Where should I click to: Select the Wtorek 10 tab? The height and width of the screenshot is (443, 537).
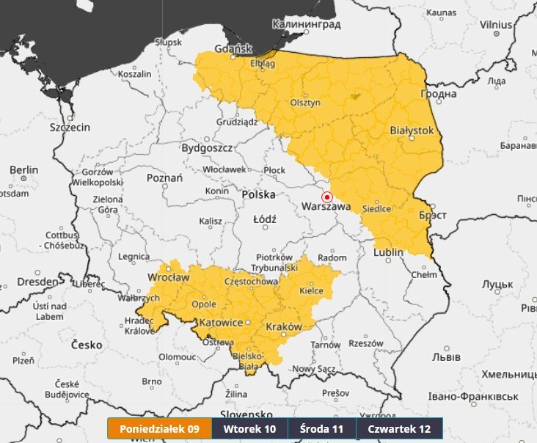249,429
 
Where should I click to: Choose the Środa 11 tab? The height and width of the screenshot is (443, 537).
322,429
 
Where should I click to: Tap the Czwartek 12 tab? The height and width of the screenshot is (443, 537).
399,429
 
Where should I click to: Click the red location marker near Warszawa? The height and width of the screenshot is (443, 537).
327,197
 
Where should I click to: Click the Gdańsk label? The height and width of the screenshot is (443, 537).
233,49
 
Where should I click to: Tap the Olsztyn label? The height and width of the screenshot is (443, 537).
306,103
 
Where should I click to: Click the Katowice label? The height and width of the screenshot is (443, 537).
222,323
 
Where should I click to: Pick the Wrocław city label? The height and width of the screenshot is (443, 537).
168,277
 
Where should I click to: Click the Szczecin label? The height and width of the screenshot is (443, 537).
70,127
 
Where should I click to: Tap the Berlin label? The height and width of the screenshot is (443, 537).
23,170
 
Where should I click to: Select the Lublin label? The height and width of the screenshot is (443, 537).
388,252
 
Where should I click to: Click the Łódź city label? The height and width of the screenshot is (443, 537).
264,219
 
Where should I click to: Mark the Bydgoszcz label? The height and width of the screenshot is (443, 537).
208,147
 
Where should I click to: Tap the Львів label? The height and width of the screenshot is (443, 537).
446,357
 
